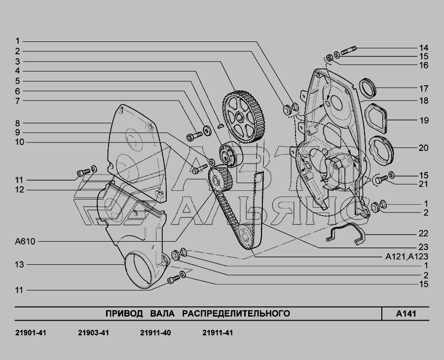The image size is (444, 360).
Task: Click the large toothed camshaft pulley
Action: pos(243,116)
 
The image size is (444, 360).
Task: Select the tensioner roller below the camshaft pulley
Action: pos(230,155)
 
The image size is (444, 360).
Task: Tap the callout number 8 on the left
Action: pos(18,123)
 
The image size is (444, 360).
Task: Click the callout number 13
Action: pos(20,265)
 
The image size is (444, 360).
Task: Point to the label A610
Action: pos(25,242)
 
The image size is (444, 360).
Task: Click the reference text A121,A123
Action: pos(407,256)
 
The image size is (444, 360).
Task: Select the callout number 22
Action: pos(423,234)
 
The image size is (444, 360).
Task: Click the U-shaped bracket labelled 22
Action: pos(345,234)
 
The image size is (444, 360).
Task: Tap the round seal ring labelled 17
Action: pos(368,87)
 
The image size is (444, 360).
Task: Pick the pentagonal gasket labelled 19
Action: pos(376,118)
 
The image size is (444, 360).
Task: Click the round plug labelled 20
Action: pos(381,151)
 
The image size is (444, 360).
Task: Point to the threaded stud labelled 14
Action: pos(349,50)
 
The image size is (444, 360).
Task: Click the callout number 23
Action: pos(423,247)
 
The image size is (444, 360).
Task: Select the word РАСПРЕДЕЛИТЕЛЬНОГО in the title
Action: pos(236,314)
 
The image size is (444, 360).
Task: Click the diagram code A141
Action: pos(406,314)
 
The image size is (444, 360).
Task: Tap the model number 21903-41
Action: pos(93,333)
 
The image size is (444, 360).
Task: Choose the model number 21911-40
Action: pos(155,333)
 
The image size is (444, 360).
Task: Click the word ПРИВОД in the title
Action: pos(124,314)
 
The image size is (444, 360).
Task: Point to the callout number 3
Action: pos(18,62)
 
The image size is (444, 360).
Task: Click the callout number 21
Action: pos(423,184)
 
